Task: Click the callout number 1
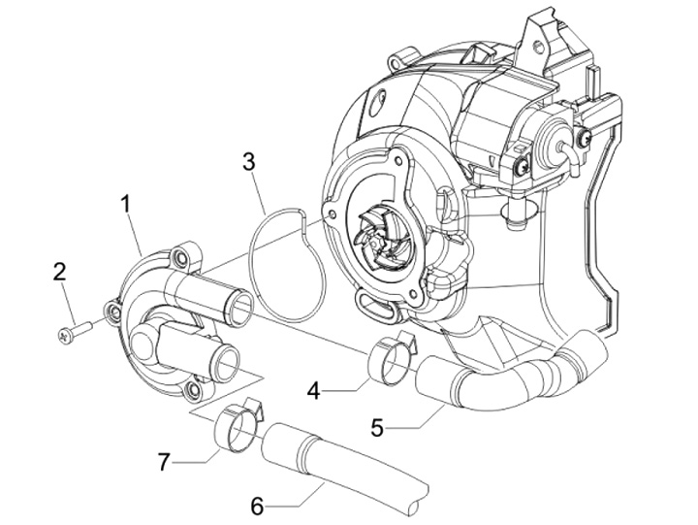[125, 204]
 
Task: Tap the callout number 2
[60, 273]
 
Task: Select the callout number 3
[249, 161]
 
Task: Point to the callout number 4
[313, 391]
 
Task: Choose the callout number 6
[257, 506]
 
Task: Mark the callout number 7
[164, 461]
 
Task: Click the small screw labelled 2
[75, 331]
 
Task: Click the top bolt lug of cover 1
[178, 257]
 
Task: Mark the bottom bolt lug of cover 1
[195, 391]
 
